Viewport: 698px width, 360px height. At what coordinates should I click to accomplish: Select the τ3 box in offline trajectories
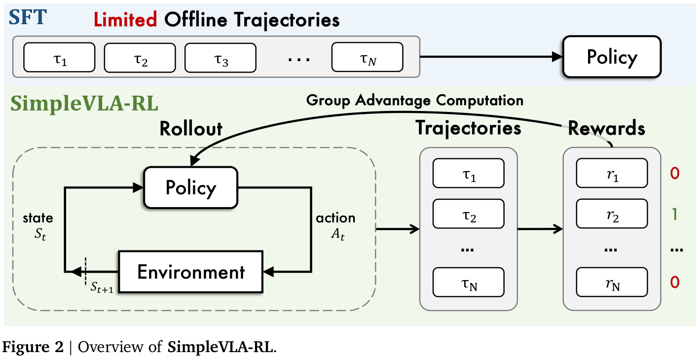[x=220, y=58]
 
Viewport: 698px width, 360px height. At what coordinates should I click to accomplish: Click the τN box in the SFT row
[x=367, y=57]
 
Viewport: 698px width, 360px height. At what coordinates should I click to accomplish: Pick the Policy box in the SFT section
[x=612, y=57]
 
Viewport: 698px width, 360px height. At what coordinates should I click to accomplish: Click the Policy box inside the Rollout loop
[x=190, y=187]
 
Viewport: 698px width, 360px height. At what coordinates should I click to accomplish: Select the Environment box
[x=191, y=272]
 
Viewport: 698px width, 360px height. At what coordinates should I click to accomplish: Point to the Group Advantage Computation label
[x=414, y=100]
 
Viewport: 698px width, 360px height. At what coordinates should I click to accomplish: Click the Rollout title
[x=191, y=128]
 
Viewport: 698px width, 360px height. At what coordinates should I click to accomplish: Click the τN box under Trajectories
[x=468, y=282]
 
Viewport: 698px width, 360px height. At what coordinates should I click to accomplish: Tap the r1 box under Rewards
[x=612, y=173]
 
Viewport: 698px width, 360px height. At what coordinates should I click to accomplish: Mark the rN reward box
[x=612, y=282]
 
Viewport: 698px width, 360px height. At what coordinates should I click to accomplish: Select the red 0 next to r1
[x=675, y=173]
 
